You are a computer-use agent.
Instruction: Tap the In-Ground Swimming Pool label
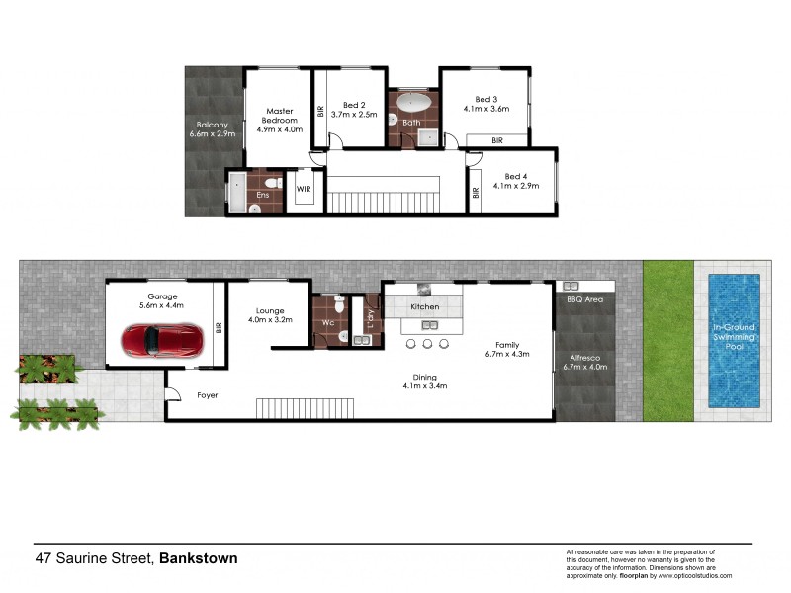coord(735,337)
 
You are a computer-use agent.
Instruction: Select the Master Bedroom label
coord(278,116)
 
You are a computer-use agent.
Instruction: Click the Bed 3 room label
coord(484,99)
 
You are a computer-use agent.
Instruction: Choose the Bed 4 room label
coord(510,175)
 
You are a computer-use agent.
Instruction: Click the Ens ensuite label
coord(262,195)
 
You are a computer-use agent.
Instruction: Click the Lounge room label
coord(270,309)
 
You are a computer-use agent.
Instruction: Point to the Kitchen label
coord(425,307)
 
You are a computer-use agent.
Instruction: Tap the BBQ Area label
coord(583,297)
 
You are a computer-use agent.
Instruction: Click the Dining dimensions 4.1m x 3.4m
coord(425,386)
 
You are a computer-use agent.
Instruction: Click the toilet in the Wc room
coord(339,307)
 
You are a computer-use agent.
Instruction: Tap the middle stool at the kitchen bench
coord(427,344)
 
